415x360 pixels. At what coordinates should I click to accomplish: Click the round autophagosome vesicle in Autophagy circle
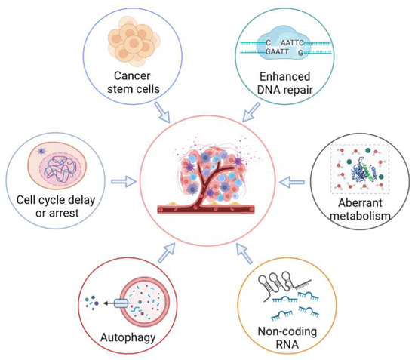[144, 302]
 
